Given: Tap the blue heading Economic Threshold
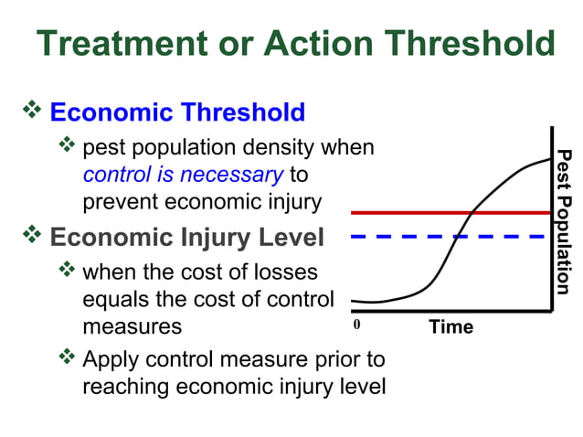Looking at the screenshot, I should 177,112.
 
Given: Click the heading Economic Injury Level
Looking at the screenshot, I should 186,238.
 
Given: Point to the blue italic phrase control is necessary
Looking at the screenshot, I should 182,174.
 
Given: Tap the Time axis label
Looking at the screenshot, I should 451,326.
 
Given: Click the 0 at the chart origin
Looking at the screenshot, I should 357,325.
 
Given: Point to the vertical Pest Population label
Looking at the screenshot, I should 566,221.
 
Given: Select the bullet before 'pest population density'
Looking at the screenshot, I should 68,145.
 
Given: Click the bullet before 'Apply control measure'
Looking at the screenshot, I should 68,357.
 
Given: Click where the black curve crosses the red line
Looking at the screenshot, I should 472,212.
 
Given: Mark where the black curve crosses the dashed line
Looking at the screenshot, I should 457,236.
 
